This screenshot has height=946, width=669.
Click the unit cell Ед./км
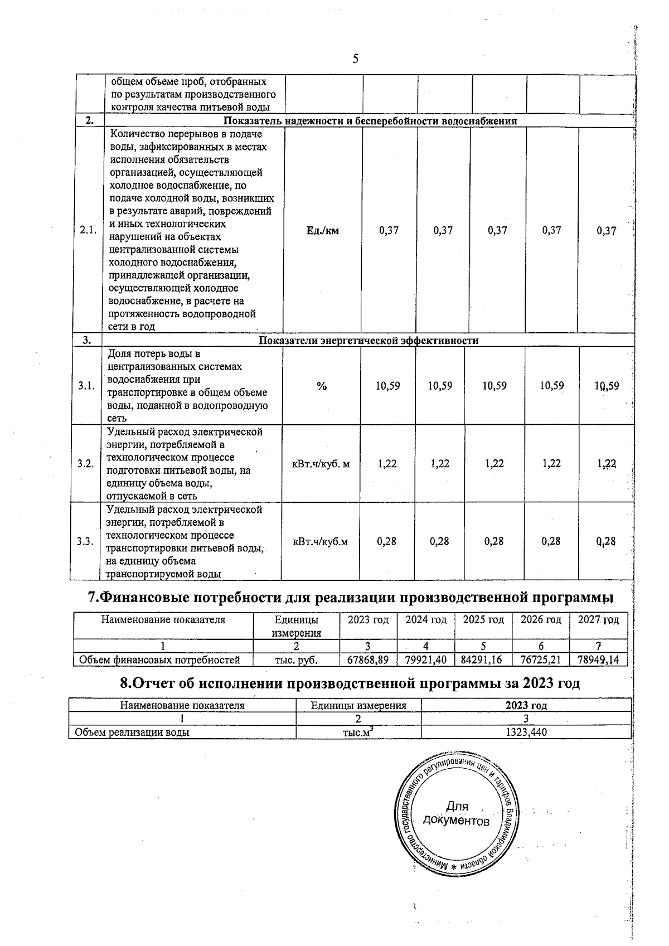point(322,230)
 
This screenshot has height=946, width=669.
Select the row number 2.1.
point(88,230)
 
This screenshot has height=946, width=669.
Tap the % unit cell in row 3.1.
point(322,386)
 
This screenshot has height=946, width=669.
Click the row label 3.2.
point(86,463)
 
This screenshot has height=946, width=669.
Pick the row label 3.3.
point(86,541)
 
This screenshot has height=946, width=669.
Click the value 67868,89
point(367,660)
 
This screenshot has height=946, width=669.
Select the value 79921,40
point(425,660)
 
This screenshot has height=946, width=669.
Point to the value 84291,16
point(483,660)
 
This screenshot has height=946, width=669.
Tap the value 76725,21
point(540,660)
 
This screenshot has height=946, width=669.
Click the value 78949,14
point(598,660)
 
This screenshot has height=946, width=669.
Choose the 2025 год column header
point(483,620)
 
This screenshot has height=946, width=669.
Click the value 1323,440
point(526,732)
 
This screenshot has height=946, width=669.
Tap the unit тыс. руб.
point(296,660)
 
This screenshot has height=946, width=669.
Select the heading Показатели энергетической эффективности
point(369,340)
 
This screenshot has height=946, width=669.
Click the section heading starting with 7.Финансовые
point(351,598)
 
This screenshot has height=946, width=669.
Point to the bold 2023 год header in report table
point(526,705)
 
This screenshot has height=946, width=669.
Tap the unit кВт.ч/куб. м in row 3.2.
point(321,463)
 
